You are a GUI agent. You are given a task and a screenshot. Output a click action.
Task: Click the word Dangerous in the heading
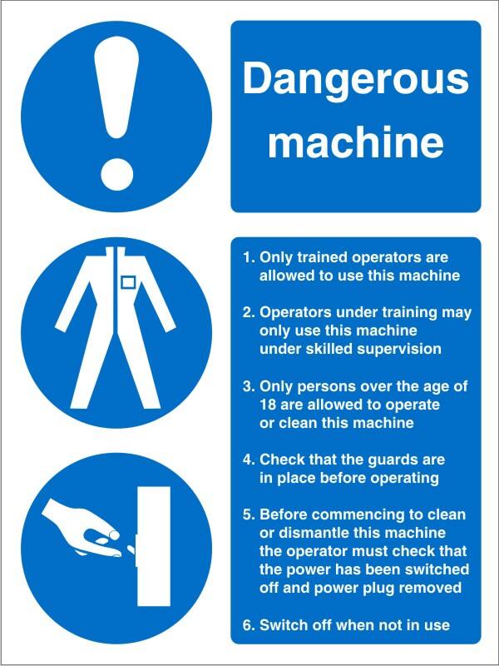pos(355,81)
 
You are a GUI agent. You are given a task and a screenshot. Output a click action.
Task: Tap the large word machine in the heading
pos(355,142)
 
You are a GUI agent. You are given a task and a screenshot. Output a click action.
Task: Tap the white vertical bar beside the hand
pos(153,545)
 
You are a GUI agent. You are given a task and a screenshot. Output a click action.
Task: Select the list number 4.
pos(247,460)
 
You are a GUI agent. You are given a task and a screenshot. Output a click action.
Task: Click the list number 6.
pos(247,625)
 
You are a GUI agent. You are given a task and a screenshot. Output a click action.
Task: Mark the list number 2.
pos(247,313)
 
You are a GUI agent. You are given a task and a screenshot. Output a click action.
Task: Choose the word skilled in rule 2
pos(332,349)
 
